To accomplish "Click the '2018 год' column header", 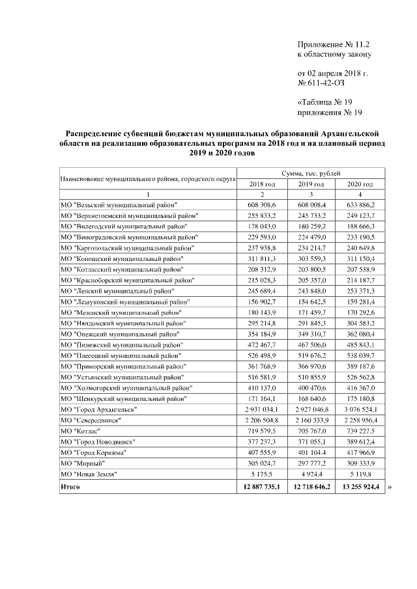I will (x=262, y=184).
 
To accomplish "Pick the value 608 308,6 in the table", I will (x=262, y=206).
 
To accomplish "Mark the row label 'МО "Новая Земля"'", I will (x=92, y=475).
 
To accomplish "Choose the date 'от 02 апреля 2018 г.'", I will (x=332, y=73).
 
